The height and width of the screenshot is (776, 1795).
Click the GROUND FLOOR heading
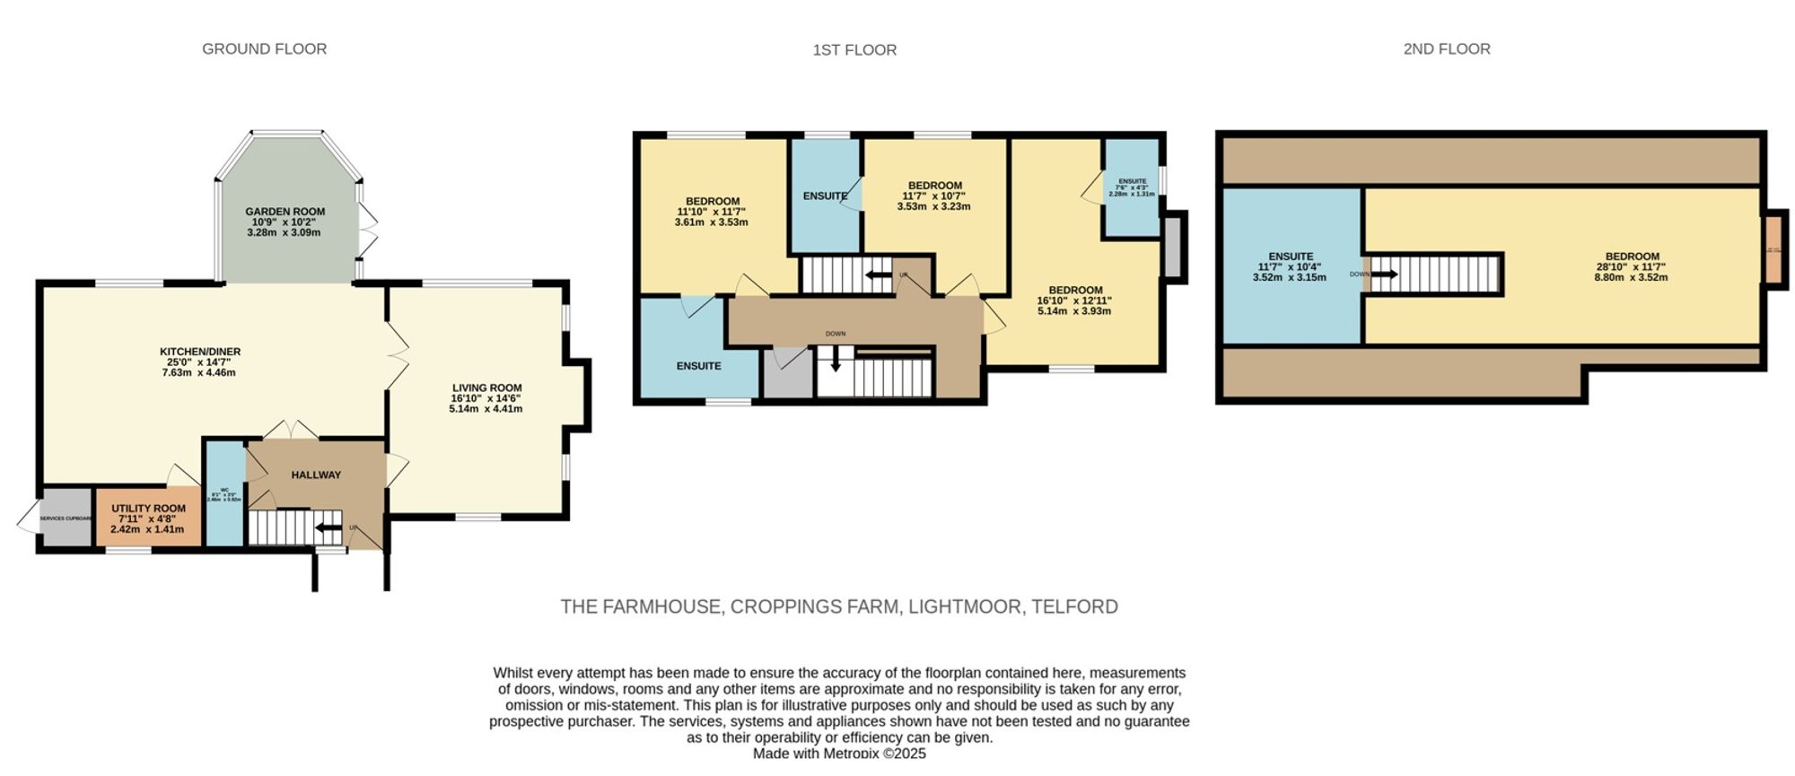[x=264, y=49]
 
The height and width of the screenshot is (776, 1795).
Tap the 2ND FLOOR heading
[x=1446, y=49]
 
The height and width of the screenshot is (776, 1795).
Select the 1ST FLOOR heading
[x=854, y=50]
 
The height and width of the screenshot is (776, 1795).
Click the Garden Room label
[x=285, y=212]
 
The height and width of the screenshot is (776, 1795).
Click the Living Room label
[x=486, y=388]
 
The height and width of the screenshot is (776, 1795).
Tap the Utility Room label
[x=148, y=509]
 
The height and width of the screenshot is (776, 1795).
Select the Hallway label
[x=316, y=475]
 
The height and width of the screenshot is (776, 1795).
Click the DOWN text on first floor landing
[x=835, y=334]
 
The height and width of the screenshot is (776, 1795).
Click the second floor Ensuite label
[x=1290, y=257]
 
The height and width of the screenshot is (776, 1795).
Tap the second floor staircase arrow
[x=1383, y=274]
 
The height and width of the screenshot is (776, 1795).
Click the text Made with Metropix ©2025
[x=838, y=754]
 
